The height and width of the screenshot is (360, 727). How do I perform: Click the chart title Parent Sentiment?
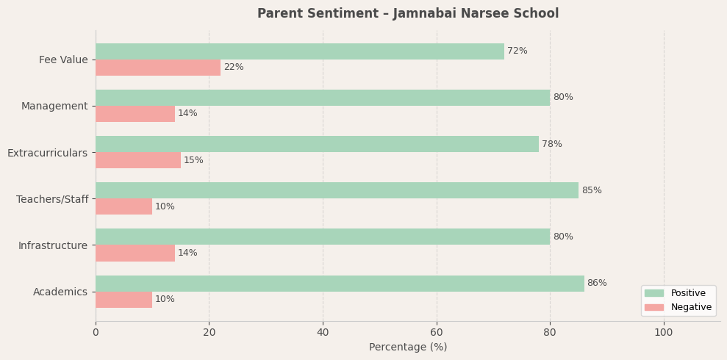coord(407,13)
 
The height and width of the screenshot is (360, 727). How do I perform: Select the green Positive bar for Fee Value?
coord(299,51)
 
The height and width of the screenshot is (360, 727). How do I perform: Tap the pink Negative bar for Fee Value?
coord(157,68)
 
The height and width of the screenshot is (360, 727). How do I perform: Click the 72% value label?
coord(517,51)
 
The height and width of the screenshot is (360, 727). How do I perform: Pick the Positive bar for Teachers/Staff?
coord(337,190)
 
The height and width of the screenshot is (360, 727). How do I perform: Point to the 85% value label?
coord(591,191)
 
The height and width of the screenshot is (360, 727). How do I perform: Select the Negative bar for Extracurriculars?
coord(137,160)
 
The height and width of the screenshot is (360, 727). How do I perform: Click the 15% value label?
coord(193,161)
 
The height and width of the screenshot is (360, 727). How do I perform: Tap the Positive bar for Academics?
coord(339,284)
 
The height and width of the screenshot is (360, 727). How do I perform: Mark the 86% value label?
coord(596,284)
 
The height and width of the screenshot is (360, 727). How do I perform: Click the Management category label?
coord(54,107)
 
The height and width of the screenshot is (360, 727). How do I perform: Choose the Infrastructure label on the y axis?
coord(53,245)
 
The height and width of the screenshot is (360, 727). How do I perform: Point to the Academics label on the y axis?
coord(60,292)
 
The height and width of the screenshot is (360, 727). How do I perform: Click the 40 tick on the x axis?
coord(323,333)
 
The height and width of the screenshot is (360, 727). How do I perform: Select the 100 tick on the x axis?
coord(663,333)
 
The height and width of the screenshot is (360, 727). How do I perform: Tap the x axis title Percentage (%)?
coord(407,348)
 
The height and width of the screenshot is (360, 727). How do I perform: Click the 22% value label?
coord(233,68)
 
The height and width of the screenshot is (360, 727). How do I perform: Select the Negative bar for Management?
coord(135,114)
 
